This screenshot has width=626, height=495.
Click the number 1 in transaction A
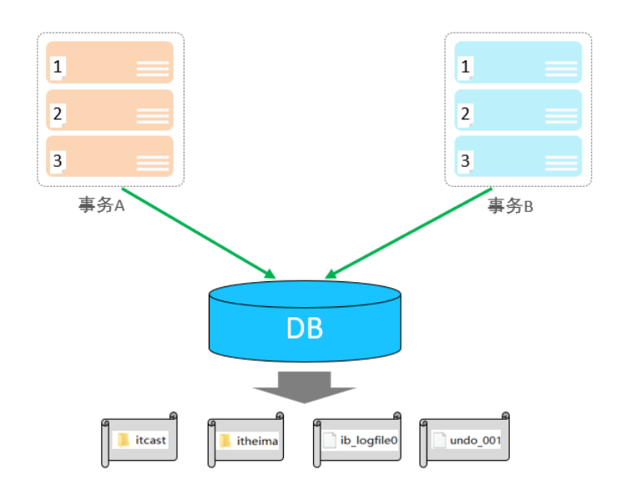(x=58, y=67)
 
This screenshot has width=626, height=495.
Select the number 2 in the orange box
(x=58, y=114)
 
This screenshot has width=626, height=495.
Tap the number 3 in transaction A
(x=58, y=160)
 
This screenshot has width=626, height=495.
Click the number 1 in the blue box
(x=466, y=67)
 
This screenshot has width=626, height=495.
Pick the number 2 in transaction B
(x=466, y=114)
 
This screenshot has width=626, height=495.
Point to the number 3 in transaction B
(x=466, y=160)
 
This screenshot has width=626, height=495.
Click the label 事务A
(x=102, y=205)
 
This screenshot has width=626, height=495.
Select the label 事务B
(x=510, y=205)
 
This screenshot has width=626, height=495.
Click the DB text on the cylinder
(x=305, y=328)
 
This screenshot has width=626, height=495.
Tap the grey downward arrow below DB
(x=305, y=386)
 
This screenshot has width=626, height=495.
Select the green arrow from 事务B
(x=409, y=234)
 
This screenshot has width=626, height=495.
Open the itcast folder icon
(x=124, y=440)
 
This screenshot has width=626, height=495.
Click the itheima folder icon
(x=225, y=440)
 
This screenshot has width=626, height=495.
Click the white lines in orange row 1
(x=153, y=69)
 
